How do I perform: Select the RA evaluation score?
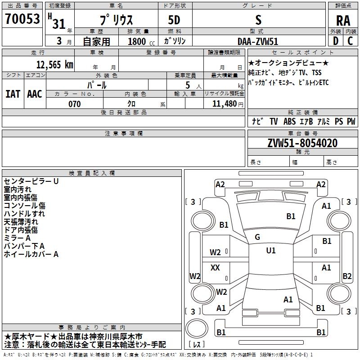(x=343, y=21)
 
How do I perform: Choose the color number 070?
(x=74, y=104)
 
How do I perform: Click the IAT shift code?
(x=13, y=94)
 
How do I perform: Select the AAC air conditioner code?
(x=34, y=94)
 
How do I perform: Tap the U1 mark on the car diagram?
(x=270, y=250)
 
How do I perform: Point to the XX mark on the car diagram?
(x=215, y=267)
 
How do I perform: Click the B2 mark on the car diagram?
(x=347, y=276)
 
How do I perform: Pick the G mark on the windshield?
(x=257, y=237)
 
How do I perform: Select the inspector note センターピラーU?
(x=31, y=181)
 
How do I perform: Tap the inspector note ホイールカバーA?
(x=31, y=254)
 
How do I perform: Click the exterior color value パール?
(x=96, y=85)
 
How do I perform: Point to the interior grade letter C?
(x=350, y=41)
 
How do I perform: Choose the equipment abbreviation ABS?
(x=289, y=121)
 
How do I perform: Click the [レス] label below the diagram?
(x=197, y=344)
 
